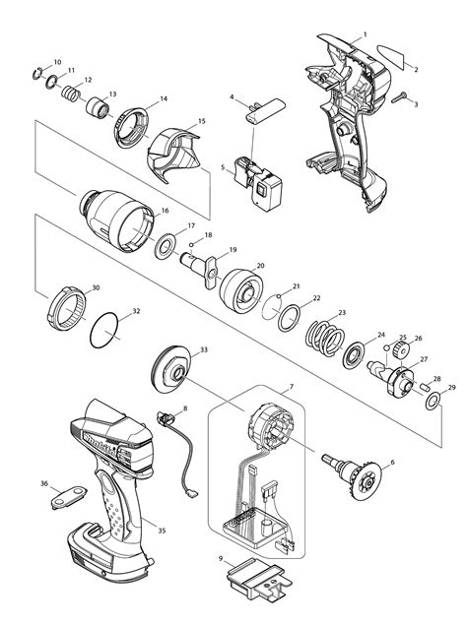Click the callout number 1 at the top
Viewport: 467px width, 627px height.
366,34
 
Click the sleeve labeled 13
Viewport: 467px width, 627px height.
97,107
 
